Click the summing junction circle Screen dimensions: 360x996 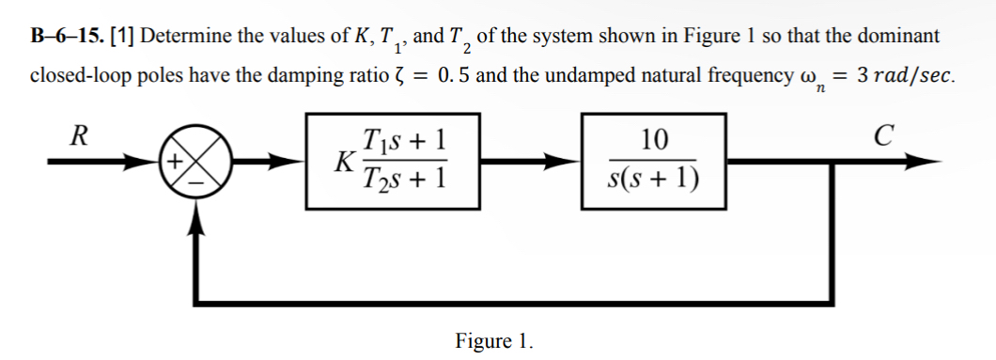point(197,161)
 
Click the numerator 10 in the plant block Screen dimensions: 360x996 point(654,141)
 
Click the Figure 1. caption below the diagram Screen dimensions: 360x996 point(493,339)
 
